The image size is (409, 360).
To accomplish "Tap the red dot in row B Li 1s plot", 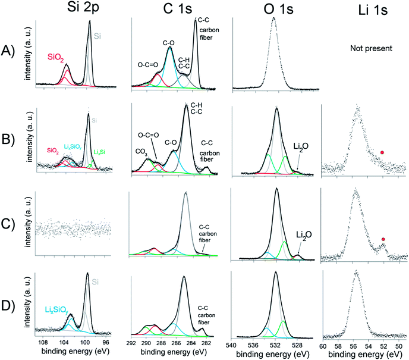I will coord(382,153).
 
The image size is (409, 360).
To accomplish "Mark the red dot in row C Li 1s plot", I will coord(383,239).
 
